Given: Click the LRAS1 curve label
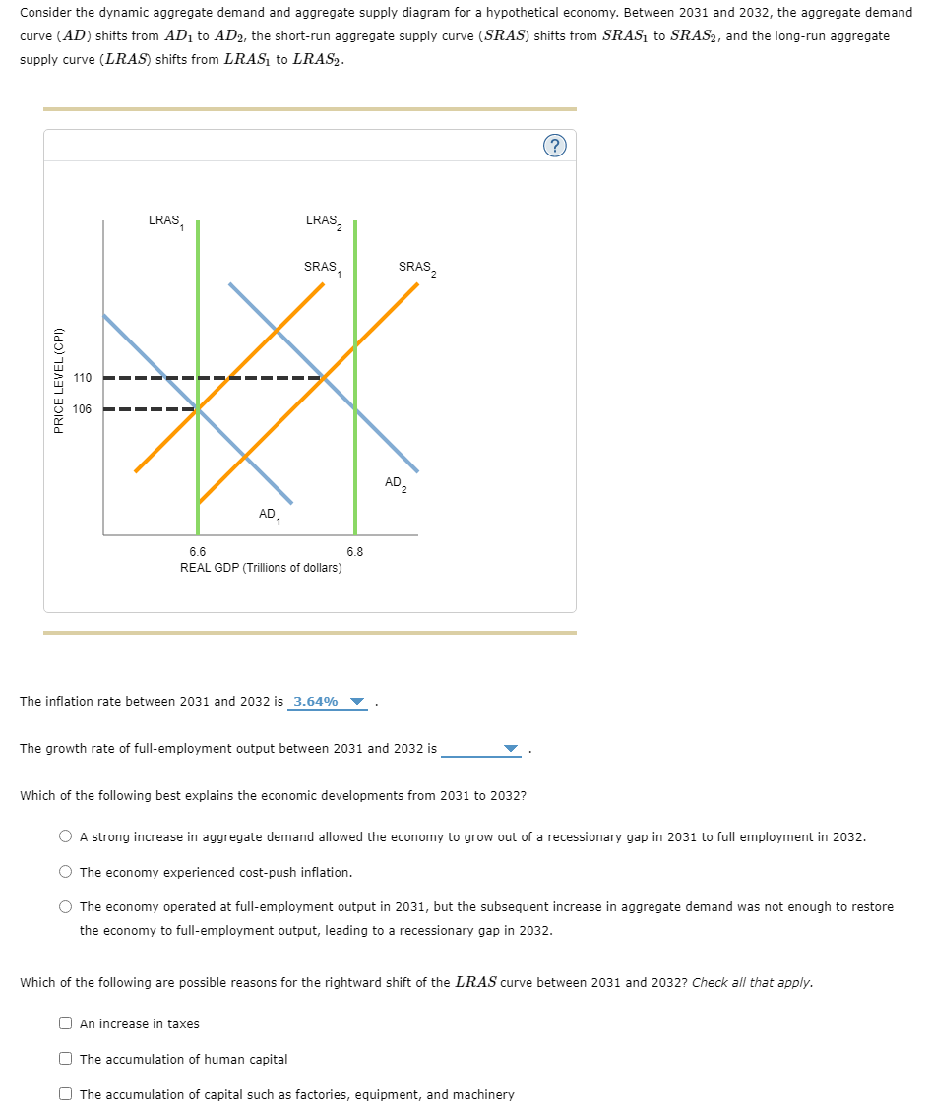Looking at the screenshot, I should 164,221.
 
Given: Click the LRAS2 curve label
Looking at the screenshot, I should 323,221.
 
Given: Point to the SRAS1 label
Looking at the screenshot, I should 322,268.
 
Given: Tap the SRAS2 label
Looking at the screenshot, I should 416,268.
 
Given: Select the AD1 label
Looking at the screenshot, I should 269,515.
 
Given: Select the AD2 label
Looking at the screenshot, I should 396,483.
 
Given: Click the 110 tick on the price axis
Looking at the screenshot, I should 83,378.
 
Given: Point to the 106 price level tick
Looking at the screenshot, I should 83,409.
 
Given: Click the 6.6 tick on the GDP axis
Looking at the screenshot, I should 198,552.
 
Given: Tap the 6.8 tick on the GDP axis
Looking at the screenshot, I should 355,552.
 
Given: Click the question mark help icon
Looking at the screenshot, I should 555,147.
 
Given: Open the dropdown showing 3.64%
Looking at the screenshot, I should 329,702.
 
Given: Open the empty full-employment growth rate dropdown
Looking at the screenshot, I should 481,749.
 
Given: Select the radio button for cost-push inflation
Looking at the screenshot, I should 66,872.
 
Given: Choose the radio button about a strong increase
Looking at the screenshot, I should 66,836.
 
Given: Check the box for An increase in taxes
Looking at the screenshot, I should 66,1023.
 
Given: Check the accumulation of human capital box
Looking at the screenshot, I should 66,1059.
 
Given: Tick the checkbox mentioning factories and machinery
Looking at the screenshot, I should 66,1094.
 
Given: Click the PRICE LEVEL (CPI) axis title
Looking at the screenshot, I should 59,379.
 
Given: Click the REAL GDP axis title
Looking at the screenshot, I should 261,568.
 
